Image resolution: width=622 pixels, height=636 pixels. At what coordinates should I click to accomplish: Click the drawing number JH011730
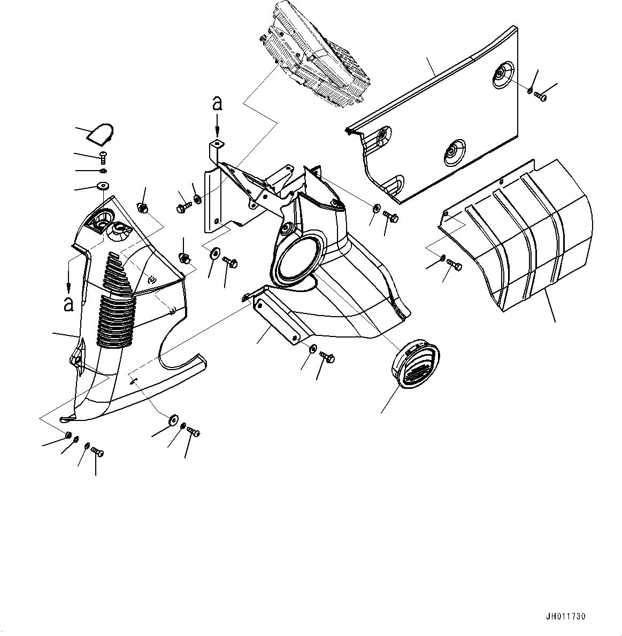click(x=565, y=617)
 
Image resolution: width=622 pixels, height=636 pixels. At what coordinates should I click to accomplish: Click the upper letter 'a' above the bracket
click(x=217, y=103)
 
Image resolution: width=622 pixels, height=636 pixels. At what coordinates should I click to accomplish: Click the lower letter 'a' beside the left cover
click(x=69, y=304)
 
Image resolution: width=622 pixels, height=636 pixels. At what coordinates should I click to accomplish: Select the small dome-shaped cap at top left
click(x=101, y=134)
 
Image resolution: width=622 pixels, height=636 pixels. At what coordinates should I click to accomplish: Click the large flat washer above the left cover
click(x=103, y=186)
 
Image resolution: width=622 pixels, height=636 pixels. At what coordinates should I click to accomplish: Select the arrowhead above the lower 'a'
click(x=69, y=287)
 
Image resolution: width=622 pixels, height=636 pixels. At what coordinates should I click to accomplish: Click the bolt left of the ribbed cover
click(x=455, y=264)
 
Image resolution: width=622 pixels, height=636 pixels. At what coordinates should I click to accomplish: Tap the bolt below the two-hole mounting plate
click(x=327, y=357)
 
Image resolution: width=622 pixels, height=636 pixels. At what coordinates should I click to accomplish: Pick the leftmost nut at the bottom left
click(x=68, y=435)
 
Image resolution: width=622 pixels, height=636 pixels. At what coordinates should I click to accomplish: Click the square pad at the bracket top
click(x=218, y=144)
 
